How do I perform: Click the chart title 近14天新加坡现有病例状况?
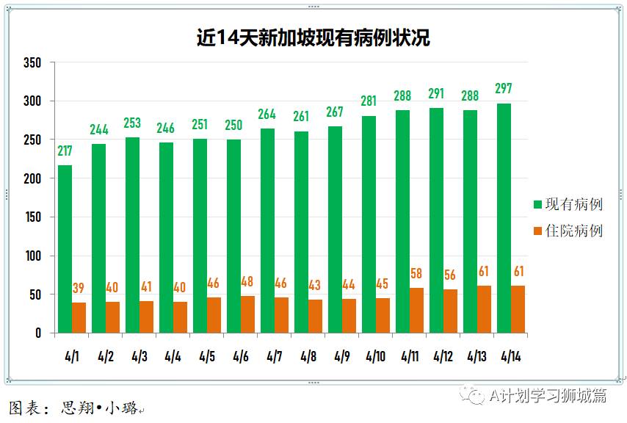click(x=313, y=37)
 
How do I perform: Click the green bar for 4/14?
click(x=504, y=218)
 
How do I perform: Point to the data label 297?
click(x=504, y=89)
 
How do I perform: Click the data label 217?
click(x=65, y=151)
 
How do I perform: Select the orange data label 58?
click(x=416, y=274)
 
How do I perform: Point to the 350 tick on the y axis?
click(x=32, y=62)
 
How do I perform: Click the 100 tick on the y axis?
click(x=32, y=256)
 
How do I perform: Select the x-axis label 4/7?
click(x=274, y=357)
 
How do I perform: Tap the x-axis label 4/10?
click(x=375, y=357)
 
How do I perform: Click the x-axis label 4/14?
click(x=510, y=357)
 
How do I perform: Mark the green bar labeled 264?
click(x=267, y=231)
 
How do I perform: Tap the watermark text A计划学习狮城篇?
click(x=548, y=396)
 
